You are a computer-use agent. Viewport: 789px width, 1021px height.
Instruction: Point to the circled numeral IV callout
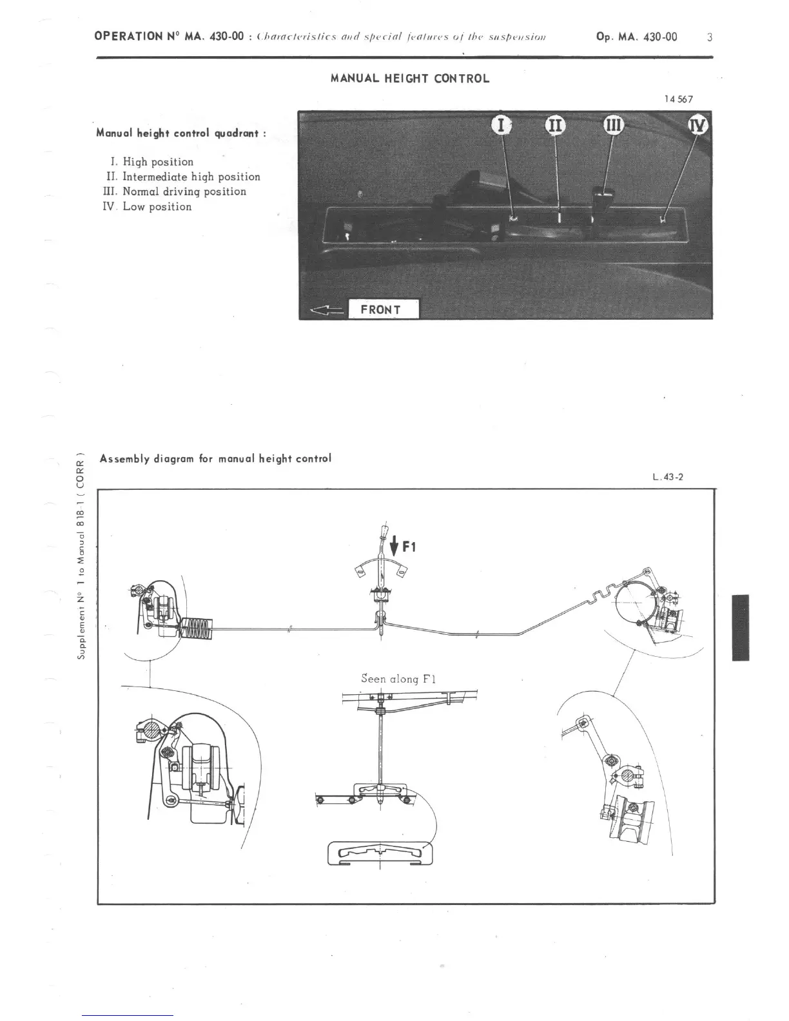(x=699, y=125)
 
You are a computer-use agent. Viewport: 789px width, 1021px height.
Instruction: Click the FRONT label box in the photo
(x=383, y=309)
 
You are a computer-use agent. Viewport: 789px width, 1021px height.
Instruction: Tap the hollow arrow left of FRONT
(x=326, y=311)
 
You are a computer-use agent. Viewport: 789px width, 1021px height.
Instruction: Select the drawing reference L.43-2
(x=667, y=478)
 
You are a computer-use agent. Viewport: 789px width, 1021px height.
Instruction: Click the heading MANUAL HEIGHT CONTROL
(x=410, y=79)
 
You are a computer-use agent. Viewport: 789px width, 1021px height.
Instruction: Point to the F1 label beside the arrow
(x=409, y=547)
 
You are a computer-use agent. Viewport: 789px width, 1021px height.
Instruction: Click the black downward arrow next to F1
(x=394, y=547)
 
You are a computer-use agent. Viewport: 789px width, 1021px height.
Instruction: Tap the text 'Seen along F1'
(x=399, y=678)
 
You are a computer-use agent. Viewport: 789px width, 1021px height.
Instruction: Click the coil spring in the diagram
(x=195, y=630)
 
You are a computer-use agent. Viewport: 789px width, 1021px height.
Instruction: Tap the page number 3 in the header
(x=709, y=37)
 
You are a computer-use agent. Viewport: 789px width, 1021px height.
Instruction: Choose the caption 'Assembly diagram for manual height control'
(x=215, y=459)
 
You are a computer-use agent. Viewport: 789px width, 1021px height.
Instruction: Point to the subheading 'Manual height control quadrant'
(x=180, y=133)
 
